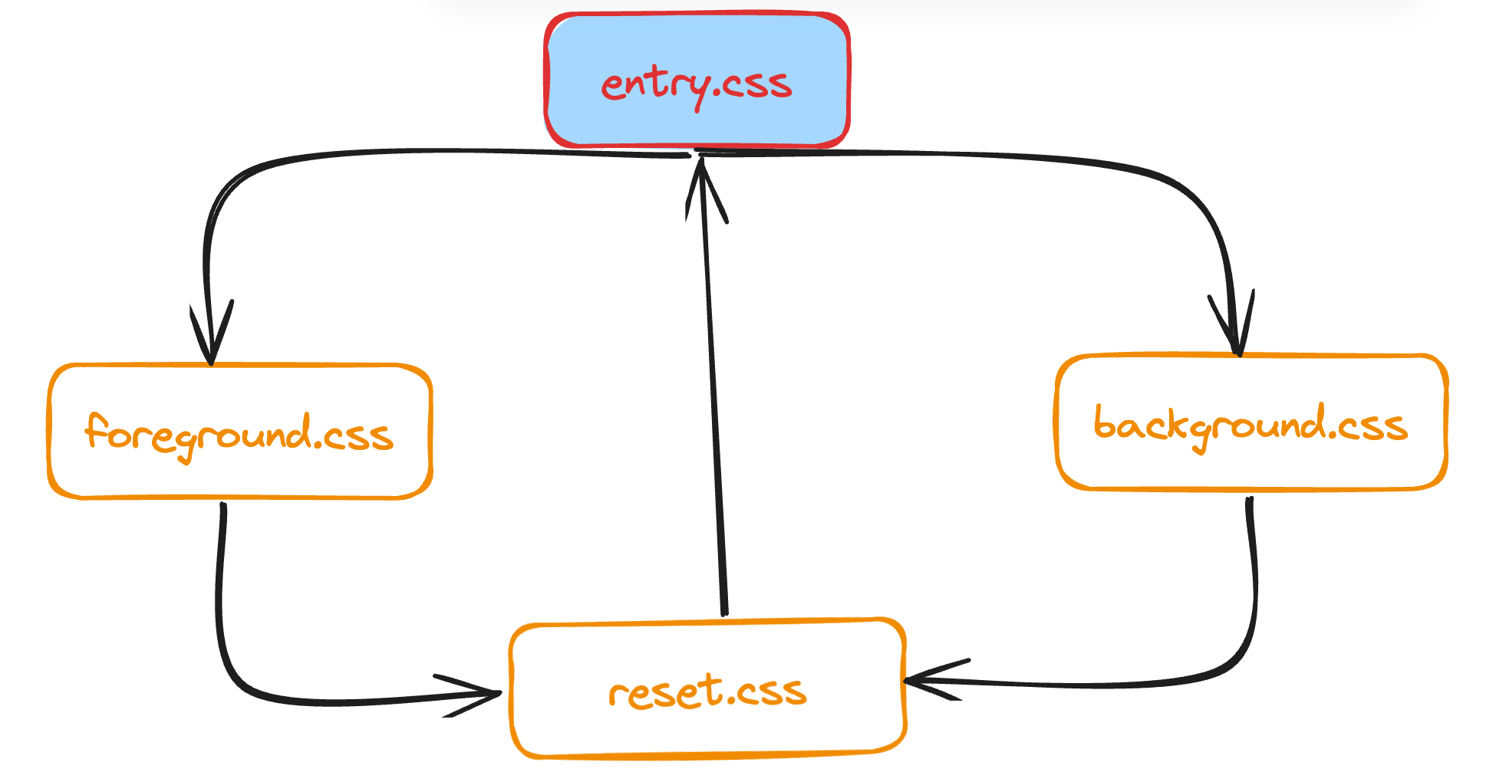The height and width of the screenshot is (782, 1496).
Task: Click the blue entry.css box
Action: coord(697,46)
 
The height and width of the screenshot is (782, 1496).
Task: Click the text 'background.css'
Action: coord(1251,426)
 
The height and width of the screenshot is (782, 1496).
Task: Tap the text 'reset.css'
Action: coord(707,692)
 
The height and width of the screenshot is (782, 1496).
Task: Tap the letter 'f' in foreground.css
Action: coord(95,431)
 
